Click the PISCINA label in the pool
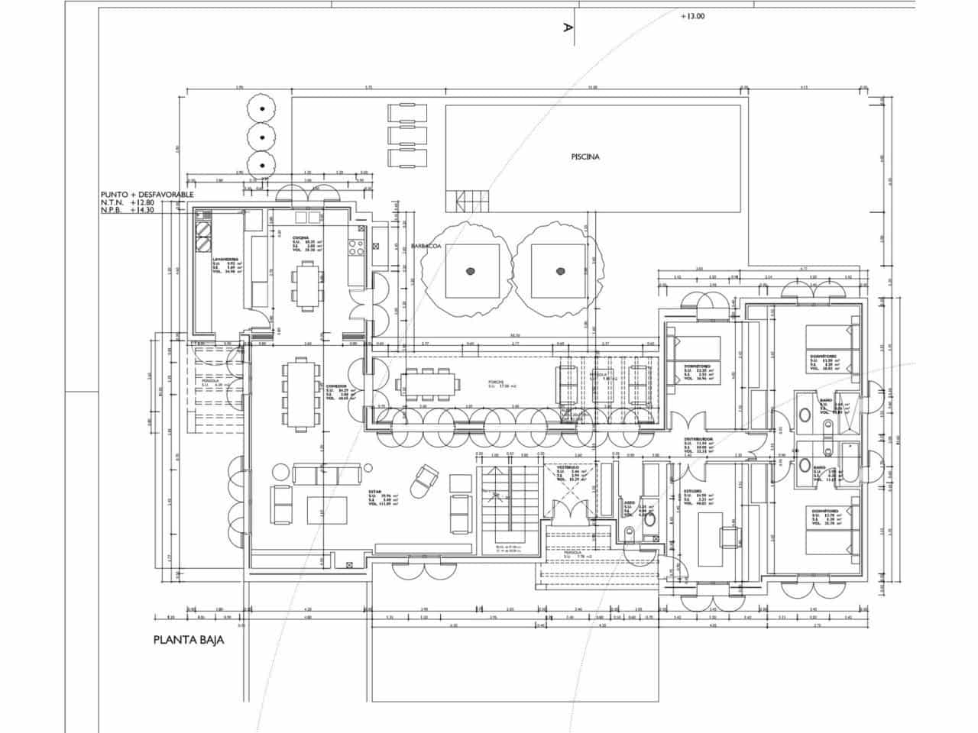pyautogui.click(x=585, y=157)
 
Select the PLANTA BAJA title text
pyautogui.click(x=189, y=641)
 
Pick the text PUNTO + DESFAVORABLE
pyautogui.click(x=147, y=195)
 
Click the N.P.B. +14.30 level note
pyautogui.click(x=128, y=210)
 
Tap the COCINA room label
pyautogui.click(x=300, y=238)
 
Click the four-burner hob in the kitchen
pyautogui.click(x=356, y=247)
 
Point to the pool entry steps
pyautogui.click(x=473, y=201)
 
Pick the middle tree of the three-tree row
pyautogui.click(x=262, y=136)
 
